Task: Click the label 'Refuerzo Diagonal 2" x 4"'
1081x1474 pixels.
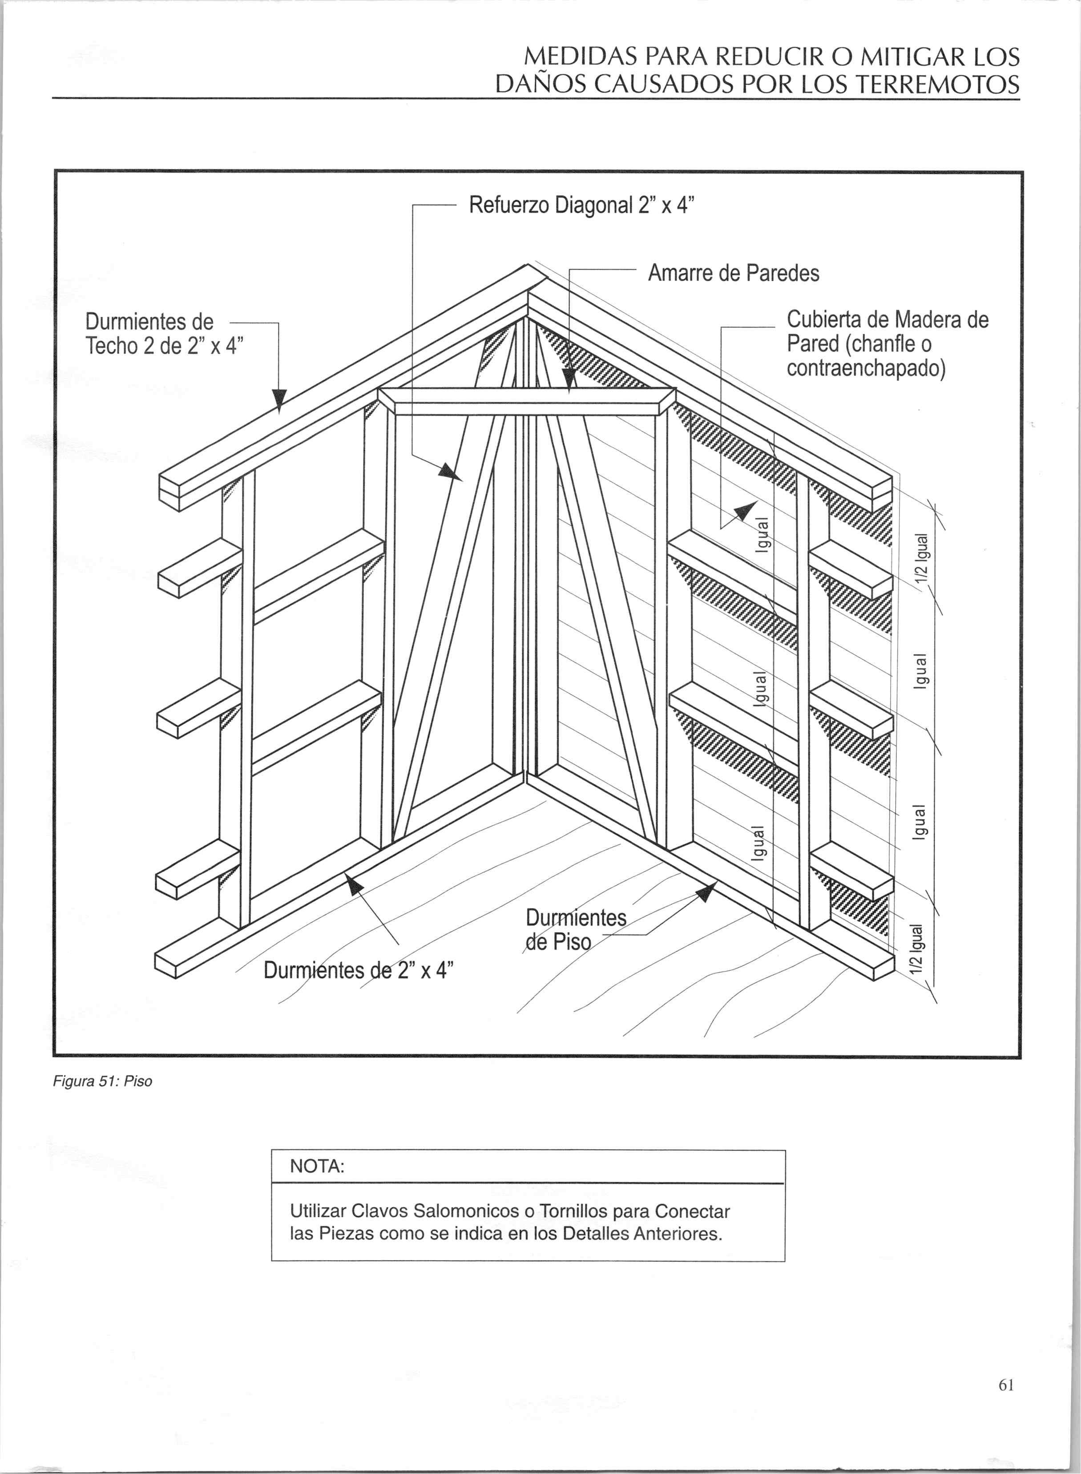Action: (581, 206)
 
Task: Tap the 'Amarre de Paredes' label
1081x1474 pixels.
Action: (733, 273)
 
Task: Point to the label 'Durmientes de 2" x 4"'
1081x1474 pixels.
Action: (359, 969)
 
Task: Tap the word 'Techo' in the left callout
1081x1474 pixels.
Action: (111, 346)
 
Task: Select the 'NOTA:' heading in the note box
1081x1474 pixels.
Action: (317, 1167)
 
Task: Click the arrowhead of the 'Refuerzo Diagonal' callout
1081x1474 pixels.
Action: (452, 473)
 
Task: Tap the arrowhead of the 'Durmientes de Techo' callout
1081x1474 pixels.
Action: (279, 400)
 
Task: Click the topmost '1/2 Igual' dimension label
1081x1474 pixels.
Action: (921, 557)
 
